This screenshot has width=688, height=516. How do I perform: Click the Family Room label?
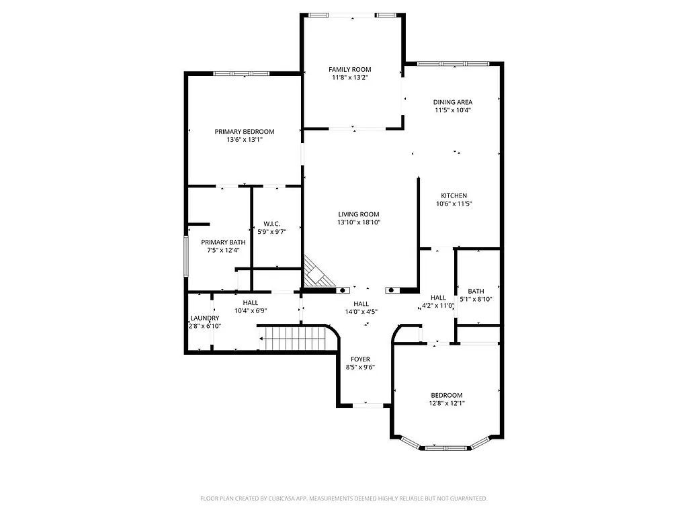349,69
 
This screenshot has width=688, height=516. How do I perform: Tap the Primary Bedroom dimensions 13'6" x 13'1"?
244,140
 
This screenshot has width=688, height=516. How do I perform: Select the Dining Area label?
452,102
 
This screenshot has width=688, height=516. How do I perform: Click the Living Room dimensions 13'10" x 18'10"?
359,222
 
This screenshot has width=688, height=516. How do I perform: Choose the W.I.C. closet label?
271,224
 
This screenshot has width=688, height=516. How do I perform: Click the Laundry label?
204,318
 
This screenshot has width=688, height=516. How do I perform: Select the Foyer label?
360,359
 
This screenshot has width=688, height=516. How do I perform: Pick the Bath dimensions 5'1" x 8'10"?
476,299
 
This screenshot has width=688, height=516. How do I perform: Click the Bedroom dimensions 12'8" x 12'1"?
447,403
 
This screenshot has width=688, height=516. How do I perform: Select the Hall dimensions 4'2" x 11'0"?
437,306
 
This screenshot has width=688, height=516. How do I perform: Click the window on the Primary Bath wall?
187,255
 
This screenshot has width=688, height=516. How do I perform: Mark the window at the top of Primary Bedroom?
242,73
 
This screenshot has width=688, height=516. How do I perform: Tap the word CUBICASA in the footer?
266,499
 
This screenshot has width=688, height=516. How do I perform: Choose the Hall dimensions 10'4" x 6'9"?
251,311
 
